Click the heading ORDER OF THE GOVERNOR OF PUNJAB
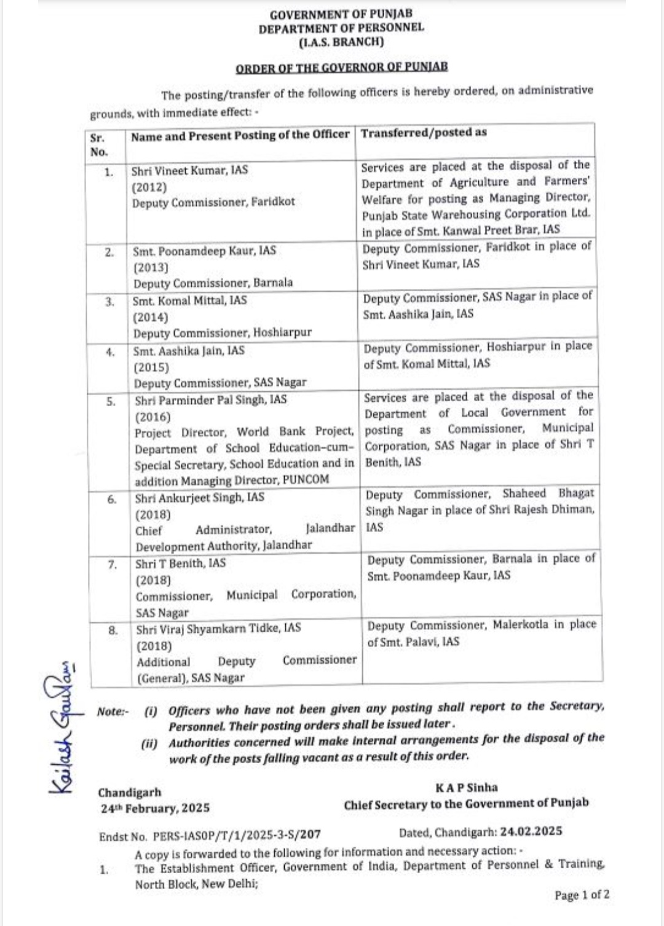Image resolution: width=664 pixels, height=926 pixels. (342, 67)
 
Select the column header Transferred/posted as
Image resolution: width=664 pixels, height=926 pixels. (424, 133)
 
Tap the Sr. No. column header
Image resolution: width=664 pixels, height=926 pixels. (98, 145)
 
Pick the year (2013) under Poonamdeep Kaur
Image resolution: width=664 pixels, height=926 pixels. (151, 267)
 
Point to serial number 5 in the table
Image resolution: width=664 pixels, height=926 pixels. (111, 402)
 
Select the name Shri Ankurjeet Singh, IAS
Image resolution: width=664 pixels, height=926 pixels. (200, 498)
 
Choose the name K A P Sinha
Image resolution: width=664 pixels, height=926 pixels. (467, 788)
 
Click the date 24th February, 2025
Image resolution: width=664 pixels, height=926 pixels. (155, 808)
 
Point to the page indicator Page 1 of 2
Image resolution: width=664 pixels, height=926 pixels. (582, 895)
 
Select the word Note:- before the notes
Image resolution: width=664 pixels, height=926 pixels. (113, 712)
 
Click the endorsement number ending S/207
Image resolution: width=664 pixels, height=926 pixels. (237, 834)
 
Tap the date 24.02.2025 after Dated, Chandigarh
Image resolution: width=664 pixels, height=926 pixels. (531, 831)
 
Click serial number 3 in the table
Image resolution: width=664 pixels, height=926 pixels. (109, 302)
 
